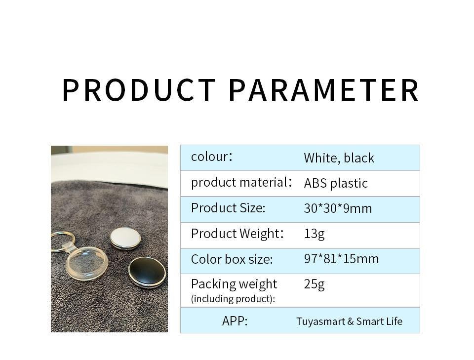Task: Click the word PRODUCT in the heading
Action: [139, 90]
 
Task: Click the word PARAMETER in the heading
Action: [324, 90]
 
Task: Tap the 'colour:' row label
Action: [212, 157]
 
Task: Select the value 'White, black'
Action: [339, 158]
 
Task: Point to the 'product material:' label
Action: [241, 182]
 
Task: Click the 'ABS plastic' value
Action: [336, 183]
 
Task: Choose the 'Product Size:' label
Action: [228, 208]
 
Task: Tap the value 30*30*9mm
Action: [338, 208]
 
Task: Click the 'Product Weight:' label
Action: [237, 234]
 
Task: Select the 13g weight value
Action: [314, 234]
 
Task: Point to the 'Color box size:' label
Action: [232, 259]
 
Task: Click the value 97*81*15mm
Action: [341, 259]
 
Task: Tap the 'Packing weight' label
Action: [234, 284]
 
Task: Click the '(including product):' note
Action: [233, 299]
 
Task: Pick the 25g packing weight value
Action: [314, 284]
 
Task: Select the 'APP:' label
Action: [235, 321]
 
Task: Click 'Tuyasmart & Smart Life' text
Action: [349, 321]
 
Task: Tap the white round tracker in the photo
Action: [125, 239]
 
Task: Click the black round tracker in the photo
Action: [147, 272]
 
